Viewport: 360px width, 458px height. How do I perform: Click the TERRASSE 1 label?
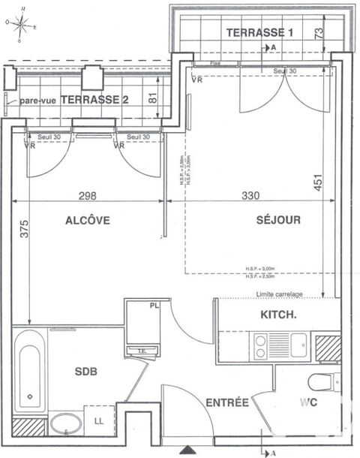pos(259,32)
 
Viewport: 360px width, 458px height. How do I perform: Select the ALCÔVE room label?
pos(87,221)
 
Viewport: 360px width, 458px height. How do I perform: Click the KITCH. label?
pos(277,315)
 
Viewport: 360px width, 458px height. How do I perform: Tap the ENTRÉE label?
pos(227,403)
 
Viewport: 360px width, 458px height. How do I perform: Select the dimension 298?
pos(88,196)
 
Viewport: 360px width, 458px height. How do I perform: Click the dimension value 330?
pos(251,196)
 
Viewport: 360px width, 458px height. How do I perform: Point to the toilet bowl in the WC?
pos(320,381)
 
